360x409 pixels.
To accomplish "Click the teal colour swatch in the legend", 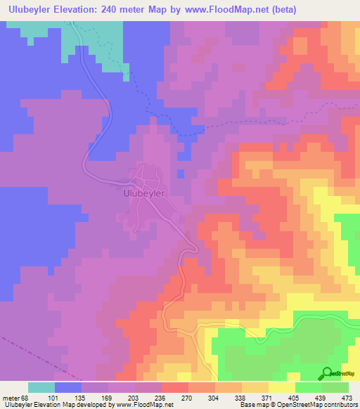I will [41, 387].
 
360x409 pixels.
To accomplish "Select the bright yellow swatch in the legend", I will [281, 387].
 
